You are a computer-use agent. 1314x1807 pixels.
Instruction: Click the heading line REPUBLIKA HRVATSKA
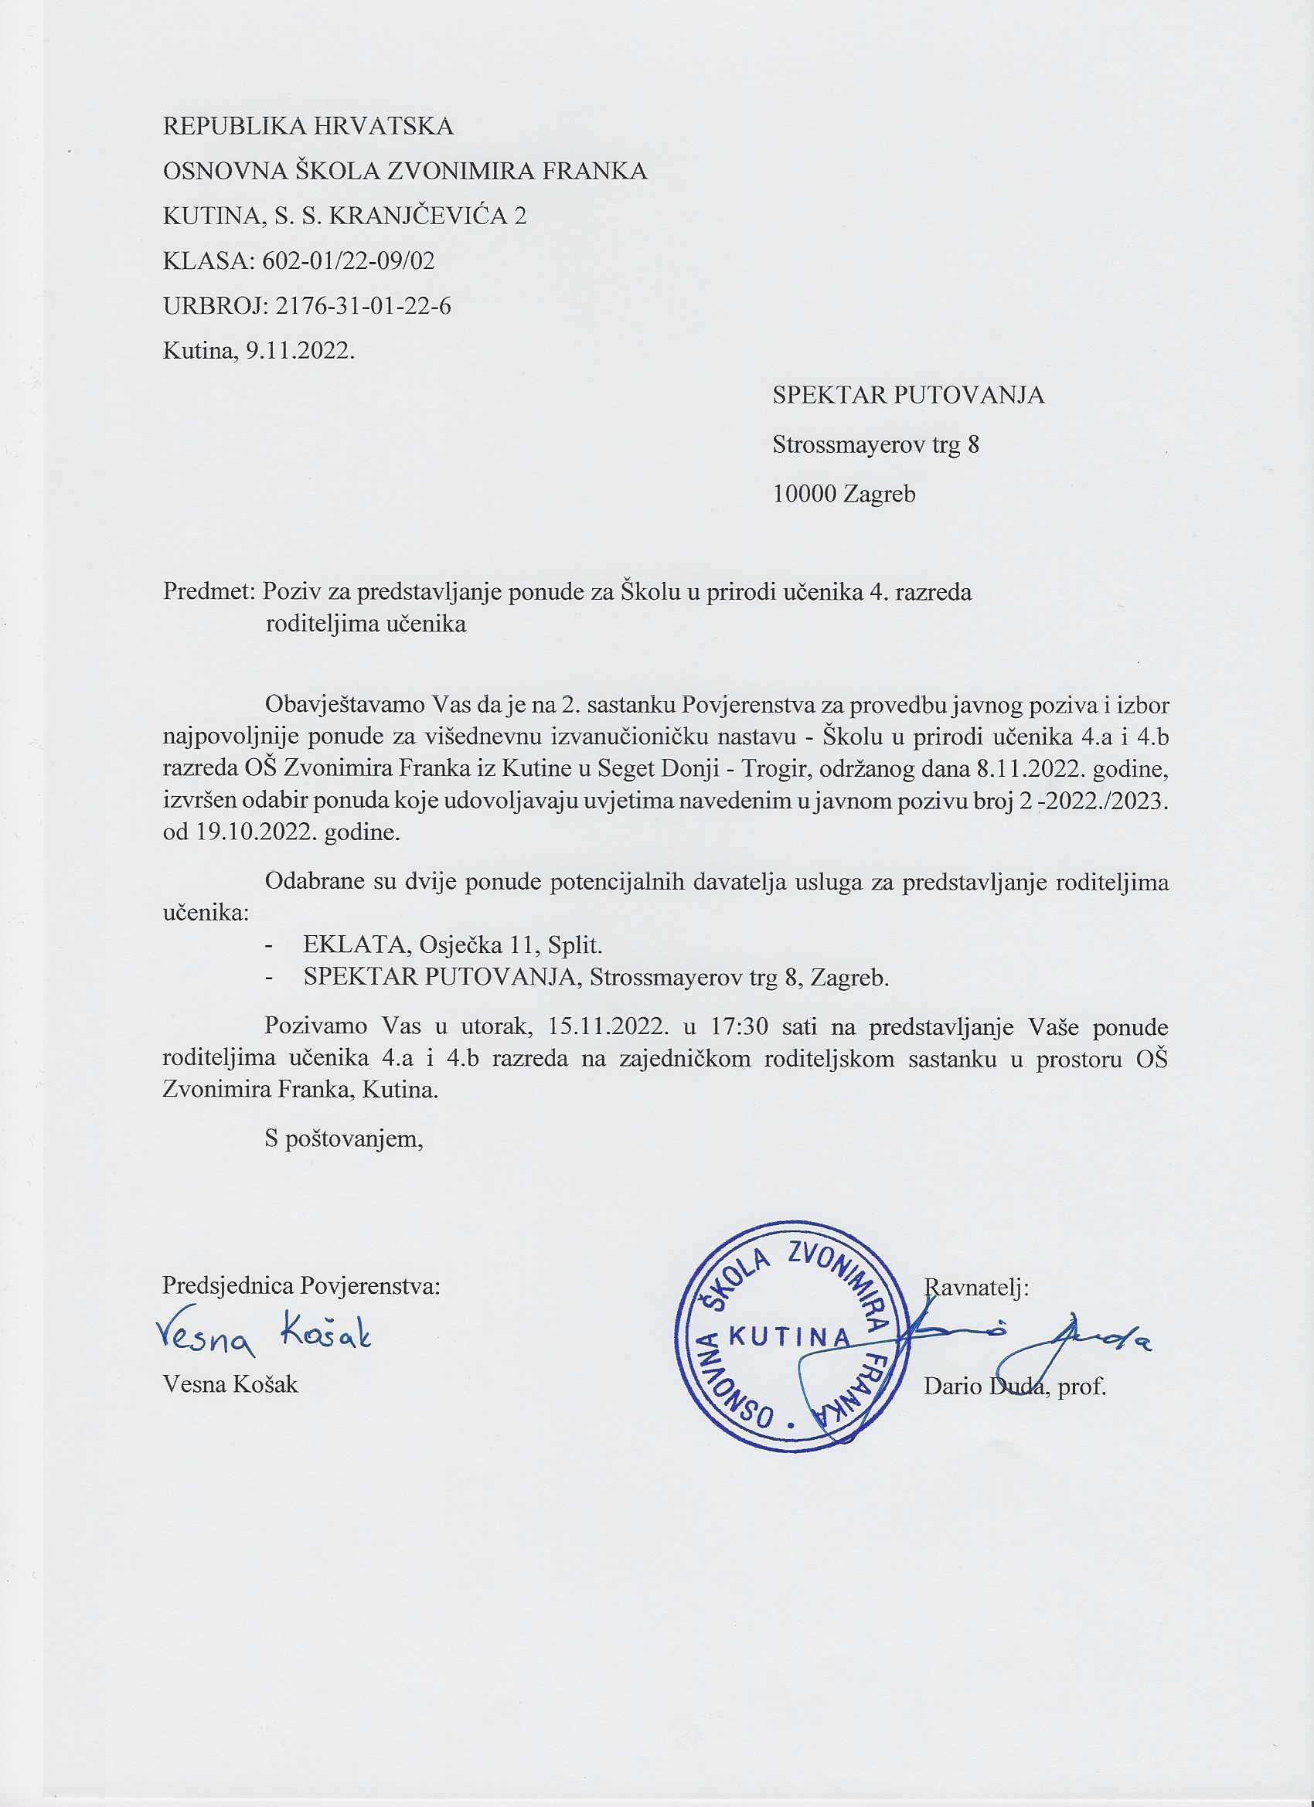tap(308, 126)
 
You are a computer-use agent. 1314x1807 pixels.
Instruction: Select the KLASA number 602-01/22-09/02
tap(349, 260)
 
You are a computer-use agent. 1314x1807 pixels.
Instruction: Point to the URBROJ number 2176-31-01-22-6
tap(363, 306)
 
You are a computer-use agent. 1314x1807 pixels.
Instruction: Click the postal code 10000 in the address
tap(804, 494)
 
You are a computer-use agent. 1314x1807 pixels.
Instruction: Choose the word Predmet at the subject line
tap(206, 592)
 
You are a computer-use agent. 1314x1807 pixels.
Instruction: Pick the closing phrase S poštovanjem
tap(343, 1138)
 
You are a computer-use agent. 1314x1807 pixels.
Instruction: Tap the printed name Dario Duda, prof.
tap(1014, 1387)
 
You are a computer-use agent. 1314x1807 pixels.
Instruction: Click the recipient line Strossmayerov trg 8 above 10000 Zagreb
tap(875, 444)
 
